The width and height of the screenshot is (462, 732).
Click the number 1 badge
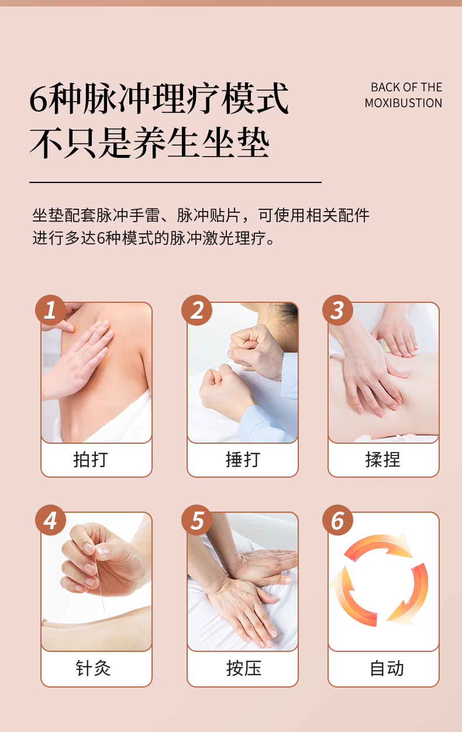click(50, 310)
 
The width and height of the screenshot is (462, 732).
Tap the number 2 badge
click(196, 310)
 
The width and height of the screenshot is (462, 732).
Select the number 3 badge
click(337, 310)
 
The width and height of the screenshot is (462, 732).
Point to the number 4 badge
click(50, 520)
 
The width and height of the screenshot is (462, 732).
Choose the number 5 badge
click(196, 520)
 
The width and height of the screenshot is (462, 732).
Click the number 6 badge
click(337, 520)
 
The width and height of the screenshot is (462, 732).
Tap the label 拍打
click(91, 460)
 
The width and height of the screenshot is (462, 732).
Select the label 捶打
click(243, 460)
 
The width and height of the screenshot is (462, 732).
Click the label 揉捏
click(383, 460)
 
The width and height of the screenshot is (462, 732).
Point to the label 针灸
click(93, 668)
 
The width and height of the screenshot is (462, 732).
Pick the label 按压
click(244, 668)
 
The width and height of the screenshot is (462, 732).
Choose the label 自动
click(387, 668)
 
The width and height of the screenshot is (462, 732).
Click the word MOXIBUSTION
click(404, 103)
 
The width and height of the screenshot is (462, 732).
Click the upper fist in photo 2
click(255, 354)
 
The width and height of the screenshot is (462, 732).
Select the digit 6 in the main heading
click(39, 99)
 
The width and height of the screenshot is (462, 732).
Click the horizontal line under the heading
click(175, 182)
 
